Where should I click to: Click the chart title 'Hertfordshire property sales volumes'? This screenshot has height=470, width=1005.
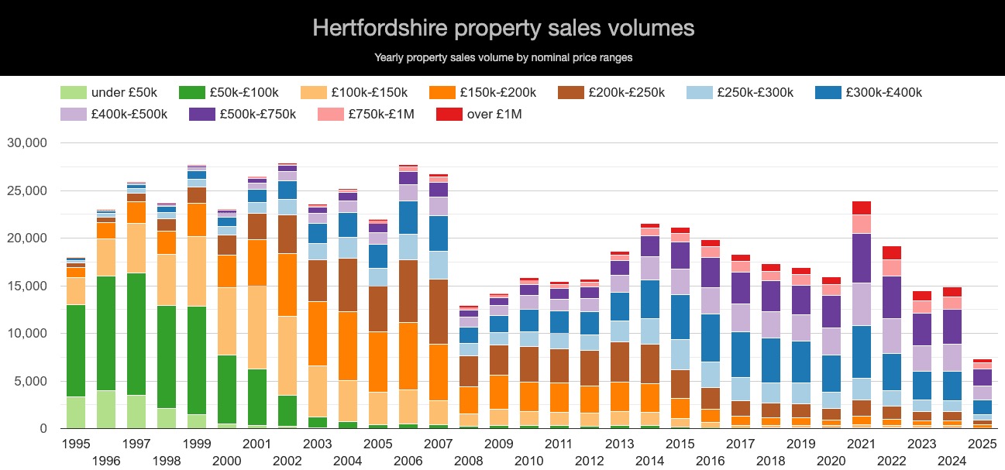503,28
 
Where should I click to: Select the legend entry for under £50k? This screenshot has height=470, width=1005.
108,93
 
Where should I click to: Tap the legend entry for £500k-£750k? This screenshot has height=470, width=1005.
243,115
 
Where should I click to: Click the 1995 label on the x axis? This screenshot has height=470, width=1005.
76,444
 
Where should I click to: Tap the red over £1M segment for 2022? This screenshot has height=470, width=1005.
892,252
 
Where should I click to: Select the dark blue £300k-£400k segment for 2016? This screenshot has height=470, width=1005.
711,338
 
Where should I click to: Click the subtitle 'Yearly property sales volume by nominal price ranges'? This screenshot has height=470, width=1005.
503,57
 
